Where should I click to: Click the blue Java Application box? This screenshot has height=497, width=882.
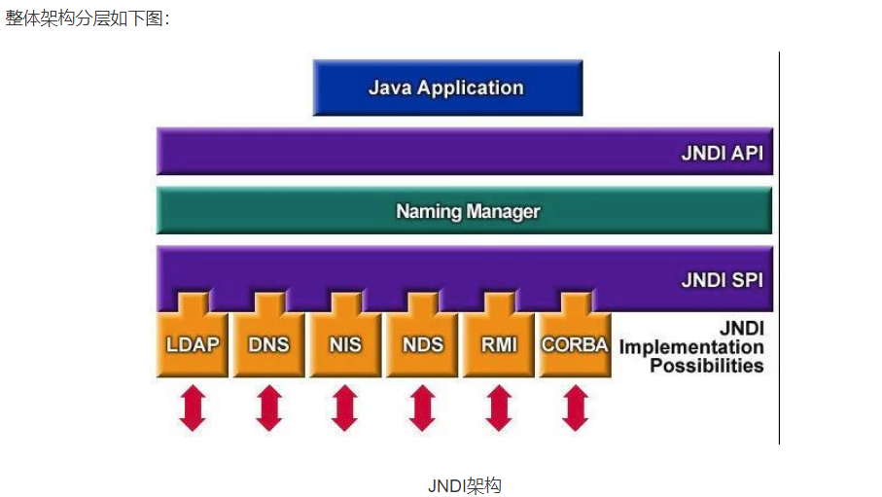pyautogui.click(x=447, y=88)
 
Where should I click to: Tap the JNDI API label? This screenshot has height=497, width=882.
pyautogui.click(x=722, y=153)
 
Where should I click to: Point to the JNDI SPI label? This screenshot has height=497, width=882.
pyautogui.click(x=722, y=281)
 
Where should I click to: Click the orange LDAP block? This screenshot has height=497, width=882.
pyautogui.click(x=192, y=344)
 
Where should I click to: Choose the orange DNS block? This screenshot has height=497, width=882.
pyautogui.click(x=268, y=344)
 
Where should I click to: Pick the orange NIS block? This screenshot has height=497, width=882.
pyautogui.click(x=345, y=344)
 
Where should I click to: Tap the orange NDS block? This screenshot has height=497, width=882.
pyautogui.click(x=422, y=344)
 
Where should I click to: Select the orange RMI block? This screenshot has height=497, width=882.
pyautogui.click(x=499, y=344)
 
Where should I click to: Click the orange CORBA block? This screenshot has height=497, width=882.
pyautogui.click(x=575, y=344)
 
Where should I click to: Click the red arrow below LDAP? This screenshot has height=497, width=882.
pyautogui.click(x=193, y=408)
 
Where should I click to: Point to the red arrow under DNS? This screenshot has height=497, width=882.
pyautogui.click(x=269, y=408)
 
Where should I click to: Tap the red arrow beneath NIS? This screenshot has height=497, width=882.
pyautogui.click(x=345, y=408)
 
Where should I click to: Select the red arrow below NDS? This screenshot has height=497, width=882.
pyautogui.click(x=422, y=408)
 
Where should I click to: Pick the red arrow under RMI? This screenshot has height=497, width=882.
pyautogui.click(x=499, y=408)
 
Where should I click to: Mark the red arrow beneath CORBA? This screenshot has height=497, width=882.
pyautogui.click(x=576, y=408)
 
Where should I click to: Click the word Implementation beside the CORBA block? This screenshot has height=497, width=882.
pyautogui.click(x=691, y=347)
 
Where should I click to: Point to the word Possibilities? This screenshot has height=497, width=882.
pyautogui.click(x=706, y=366)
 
